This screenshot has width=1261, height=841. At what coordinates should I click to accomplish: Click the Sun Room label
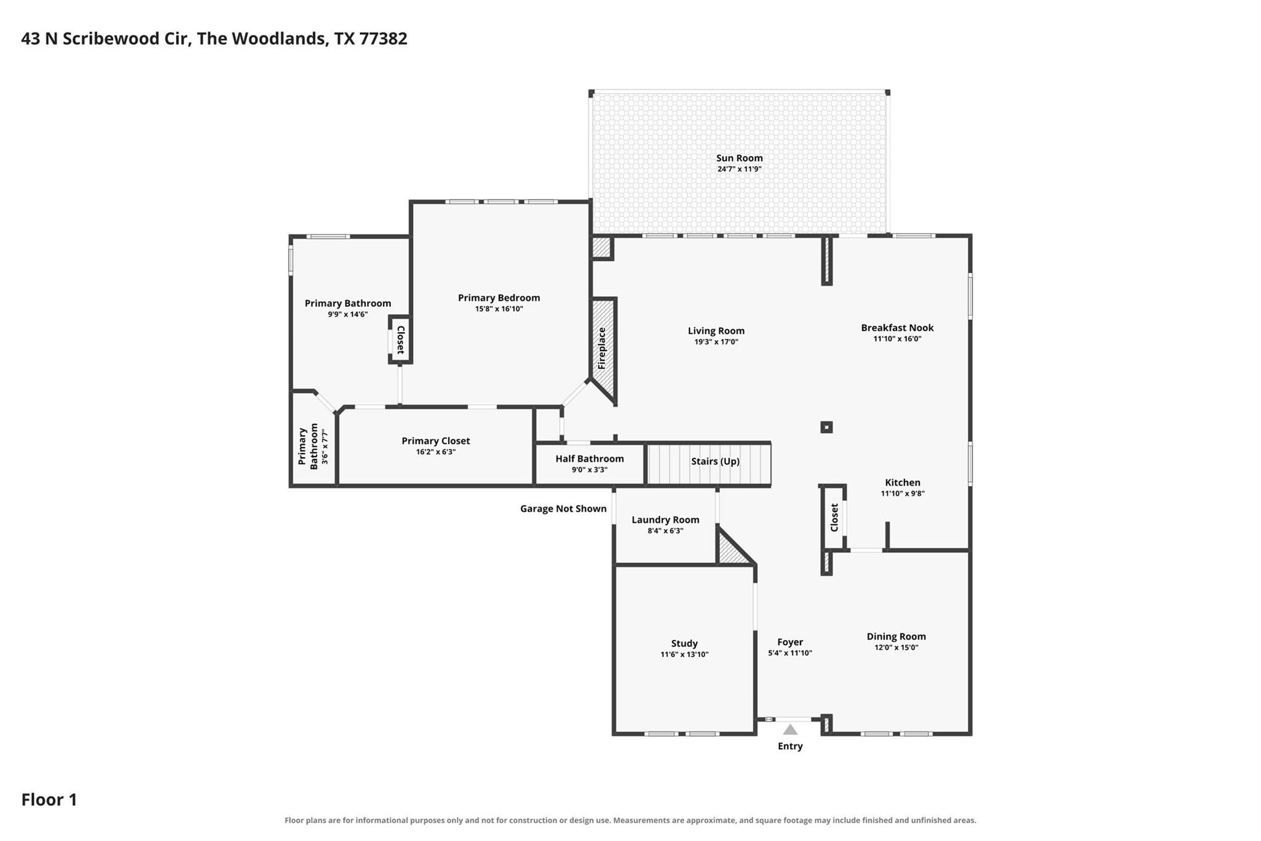pyautogui.click(x=739, y=158)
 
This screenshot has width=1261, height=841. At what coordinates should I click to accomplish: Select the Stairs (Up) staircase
pyautogui.click(x=708, y=464)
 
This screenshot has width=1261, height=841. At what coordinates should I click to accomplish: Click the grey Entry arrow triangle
pyautogui.click(x=790, y=730)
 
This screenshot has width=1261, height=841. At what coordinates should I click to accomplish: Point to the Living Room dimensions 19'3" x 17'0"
pyautogui.click(x=716, y=342)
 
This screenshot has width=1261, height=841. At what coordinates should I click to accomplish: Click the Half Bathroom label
pyautogui.click(x=589, y=459)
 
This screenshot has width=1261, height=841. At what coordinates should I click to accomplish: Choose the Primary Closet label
pyautogui.click(x=436, y=441)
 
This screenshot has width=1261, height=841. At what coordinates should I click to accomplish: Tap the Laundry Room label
pyautogui.click(x=666, y=520)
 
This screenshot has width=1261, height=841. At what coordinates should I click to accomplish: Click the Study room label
pyautogui.click(x=684, y=644)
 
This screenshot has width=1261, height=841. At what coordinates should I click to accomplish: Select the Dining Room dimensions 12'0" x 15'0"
pyautogui.click(x=896, y=648)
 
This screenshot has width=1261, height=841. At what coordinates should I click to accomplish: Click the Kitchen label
pyautogui.click(x=903, y=483)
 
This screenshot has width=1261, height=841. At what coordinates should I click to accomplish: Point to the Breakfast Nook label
pyautogui.click(x=897, y=328)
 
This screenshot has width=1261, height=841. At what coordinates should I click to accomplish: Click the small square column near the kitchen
pyautogui.click(x=826, y=427)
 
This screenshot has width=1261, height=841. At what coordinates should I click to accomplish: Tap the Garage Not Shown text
pyautogui.click(x=563, y=509)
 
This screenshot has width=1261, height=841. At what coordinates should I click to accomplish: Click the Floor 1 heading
pyautogui.click(x=49, y=800)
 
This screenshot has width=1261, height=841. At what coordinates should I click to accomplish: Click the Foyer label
pyautogui.click(x=790, y=642)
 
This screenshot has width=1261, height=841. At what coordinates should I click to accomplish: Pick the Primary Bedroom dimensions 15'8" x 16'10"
pyautogui.click(x=499, y=309)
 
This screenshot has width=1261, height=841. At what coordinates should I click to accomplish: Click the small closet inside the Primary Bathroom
pyautogui.click(x=400, y=339)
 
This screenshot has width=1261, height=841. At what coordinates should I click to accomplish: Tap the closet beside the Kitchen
pyautogui.click(x=834, y=518)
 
